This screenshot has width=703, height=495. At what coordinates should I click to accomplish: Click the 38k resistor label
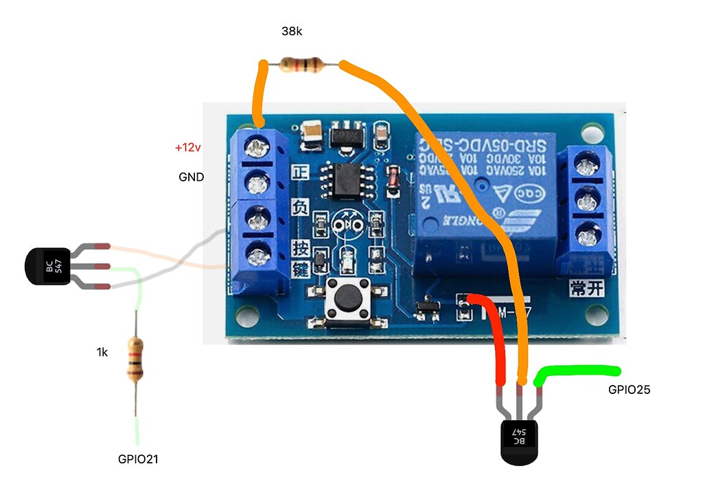(x=291, y=32)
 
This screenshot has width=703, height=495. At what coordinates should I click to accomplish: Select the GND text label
(x=191, y=177)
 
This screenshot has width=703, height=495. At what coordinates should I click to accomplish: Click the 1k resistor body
(x=135, y=358)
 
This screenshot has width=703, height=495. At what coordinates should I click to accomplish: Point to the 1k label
(x=102, y=352)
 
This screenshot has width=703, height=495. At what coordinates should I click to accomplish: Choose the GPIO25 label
(x=629, y=390)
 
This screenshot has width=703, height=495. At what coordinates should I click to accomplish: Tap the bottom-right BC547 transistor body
(x=519, y=441)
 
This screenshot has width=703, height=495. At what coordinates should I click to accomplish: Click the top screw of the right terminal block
(x=586, y=166)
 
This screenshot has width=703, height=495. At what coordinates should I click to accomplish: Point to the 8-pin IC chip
(x=347, y=179)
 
